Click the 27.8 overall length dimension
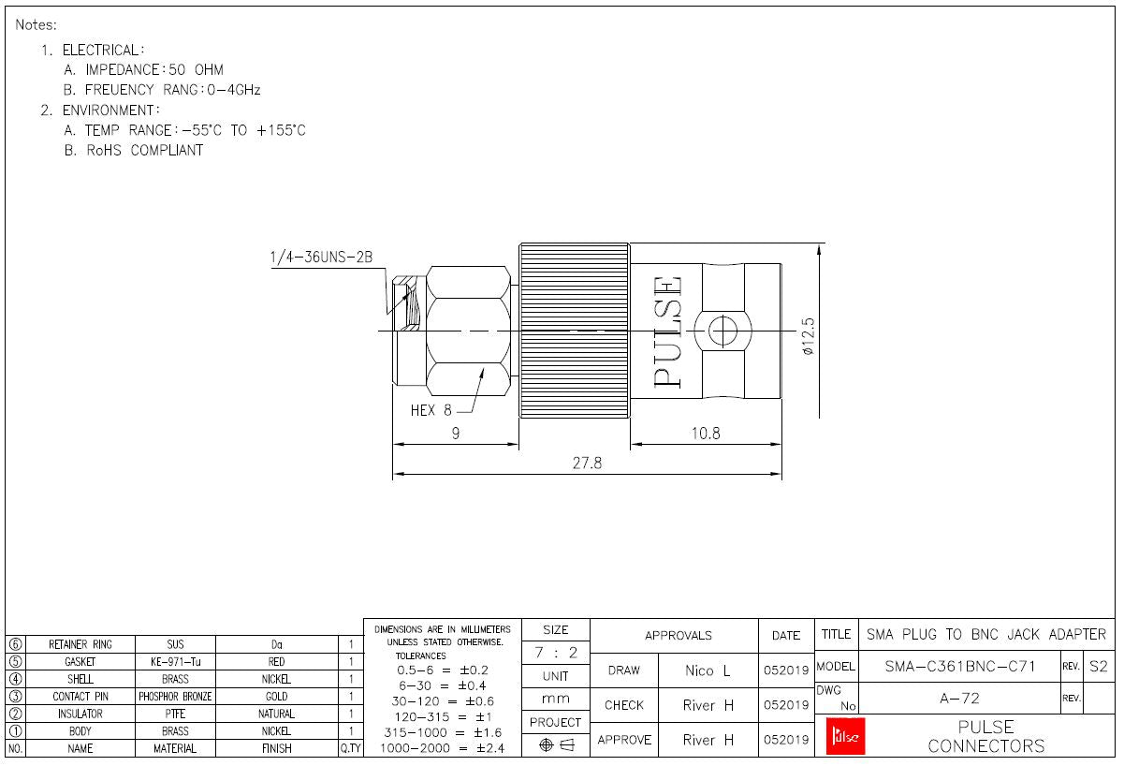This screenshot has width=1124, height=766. click(x=587, y=464)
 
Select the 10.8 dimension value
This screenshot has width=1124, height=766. click(x=705, y=434)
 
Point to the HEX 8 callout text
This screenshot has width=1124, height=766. click(x=431, y=410)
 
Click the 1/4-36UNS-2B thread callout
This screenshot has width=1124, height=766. click(x=321, y=257)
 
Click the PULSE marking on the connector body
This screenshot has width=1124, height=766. click(x=667, y=331)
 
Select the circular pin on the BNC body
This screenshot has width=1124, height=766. click(x=723, y=331)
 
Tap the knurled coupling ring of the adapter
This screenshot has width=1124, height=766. click(x=574, y=330)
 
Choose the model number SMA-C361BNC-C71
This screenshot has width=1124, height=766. click(x=959, y=666)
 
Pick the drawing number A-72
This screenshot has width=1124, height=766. click(x=958, y=699)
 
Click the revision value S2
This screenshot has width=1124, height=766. click(x=1099, y=666)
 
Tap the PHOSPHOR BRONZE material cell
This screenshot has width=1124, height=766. click(x=175, y=697)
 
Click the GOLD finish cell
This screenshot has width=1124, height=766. click(x=276, y=697)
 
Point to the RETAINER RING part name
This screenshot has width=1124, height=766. click(x=80, y=644)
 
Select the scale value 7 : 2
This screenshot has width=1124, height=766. click(x=555, y=653)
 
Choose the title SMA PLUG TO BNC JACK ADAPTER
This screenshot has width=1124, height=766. click(x=985, y=634)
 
